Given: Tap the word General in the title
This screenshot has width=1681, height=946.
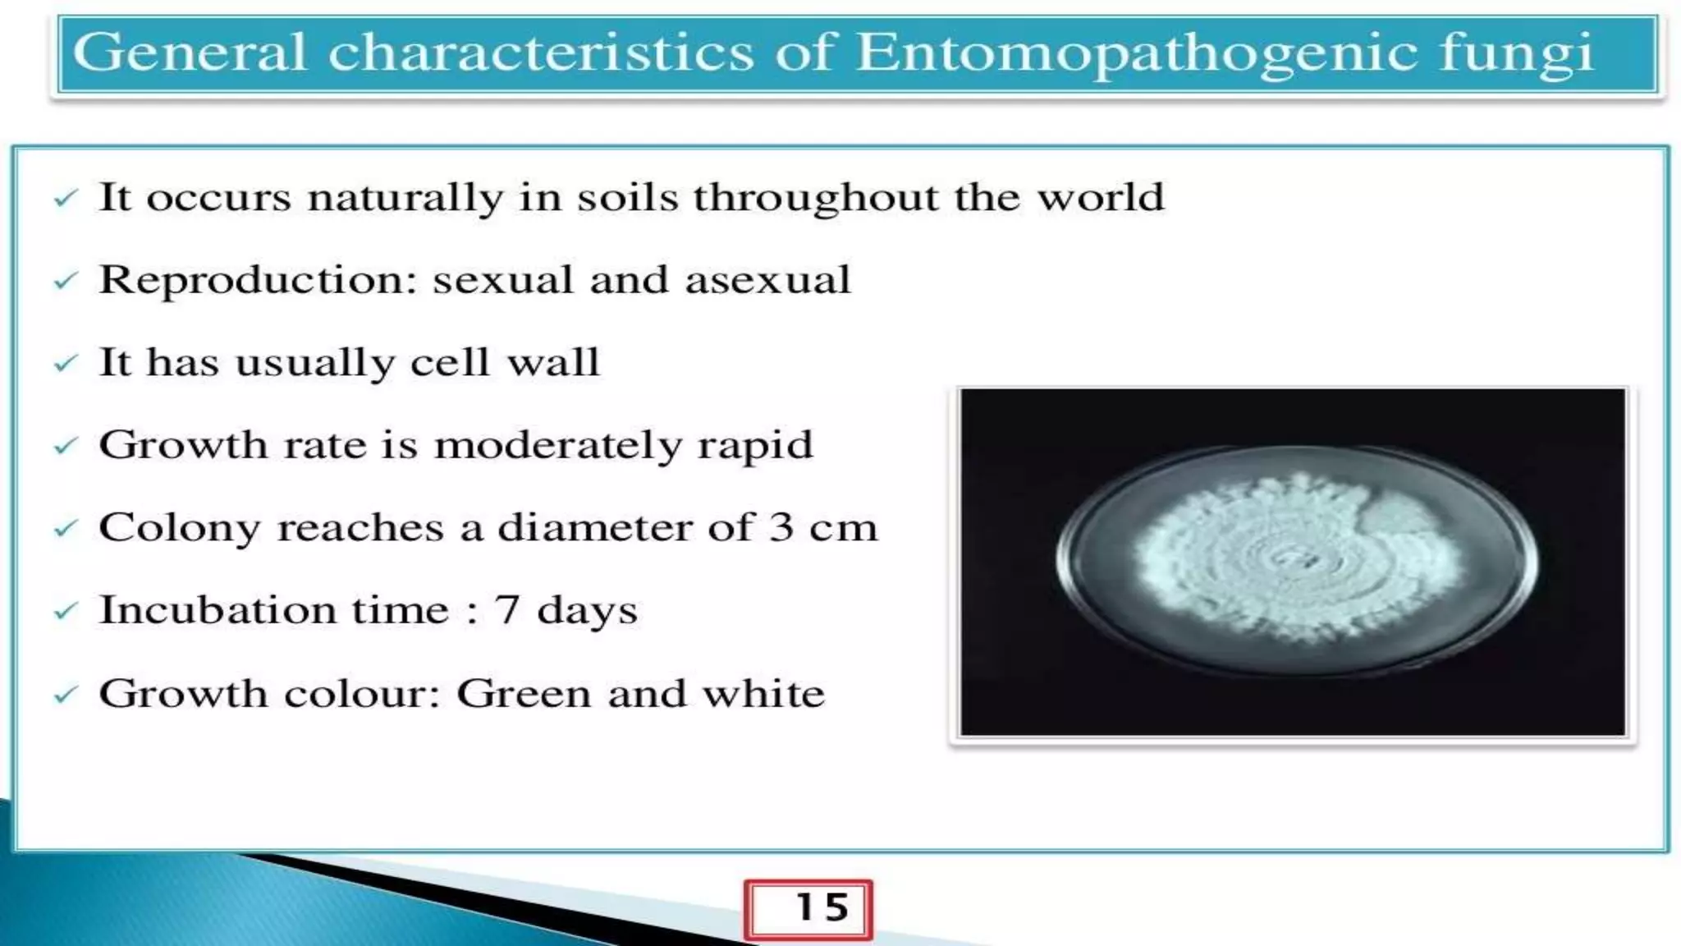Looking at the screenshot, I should click(x=190, y=53).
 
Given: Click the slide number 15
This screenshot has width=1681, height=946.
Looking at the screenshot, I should click(x=822, y=907).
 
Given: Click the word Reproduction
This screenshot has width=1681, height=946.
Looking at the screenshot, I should click(x=258, y=281).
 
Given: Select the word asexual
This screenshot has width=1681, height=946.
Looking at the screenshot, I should click(x=767, y=280).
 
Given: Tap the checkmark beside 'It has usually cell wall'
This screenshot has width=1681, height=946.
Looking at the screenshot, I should click(x=65, y=364).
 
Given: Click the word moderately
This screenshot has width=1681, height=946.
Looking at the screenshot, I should click(x=557, y=446).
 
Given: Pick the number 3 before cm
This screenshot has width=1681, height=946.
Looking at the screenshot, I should click(x=781, y=527).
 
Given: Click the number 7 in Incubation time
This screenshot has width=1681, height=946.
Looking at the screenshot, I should click(x=506, y=610).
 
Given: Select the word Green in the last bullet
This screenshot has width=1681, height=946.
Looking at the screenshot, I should click(x=523, y=694).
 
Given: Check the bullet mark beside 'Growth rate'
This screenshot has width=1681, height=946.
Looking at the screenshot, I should click(x=65, y=447).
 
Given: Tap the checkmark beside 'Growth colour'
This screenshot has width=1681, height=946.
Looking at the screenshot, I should click(x=65, y=696).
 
